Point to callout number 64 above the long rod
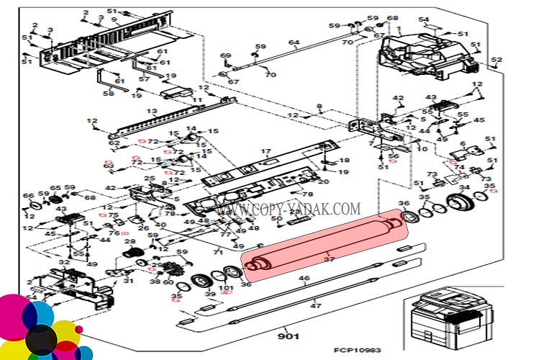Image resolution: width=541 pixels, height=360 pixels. [293, 43]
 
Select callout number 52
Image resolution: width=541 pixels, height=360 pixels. [496, 60]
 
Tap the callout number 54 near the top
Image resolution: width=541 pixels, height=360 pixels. [424, 19]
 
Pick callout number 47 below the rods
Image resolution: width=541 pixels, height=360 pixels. [315, 306]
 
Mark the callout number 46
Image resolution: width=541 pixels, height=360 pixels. [304, 278]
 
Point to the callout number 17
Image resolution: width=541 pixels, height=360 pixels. [265, 151]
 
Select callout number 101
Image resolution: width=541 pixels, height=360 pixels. [227, 289]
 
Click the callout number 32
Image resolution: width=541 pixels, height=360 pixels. [64, 263]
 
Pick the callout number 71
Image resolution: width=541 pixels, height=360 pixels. [217, 252]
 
